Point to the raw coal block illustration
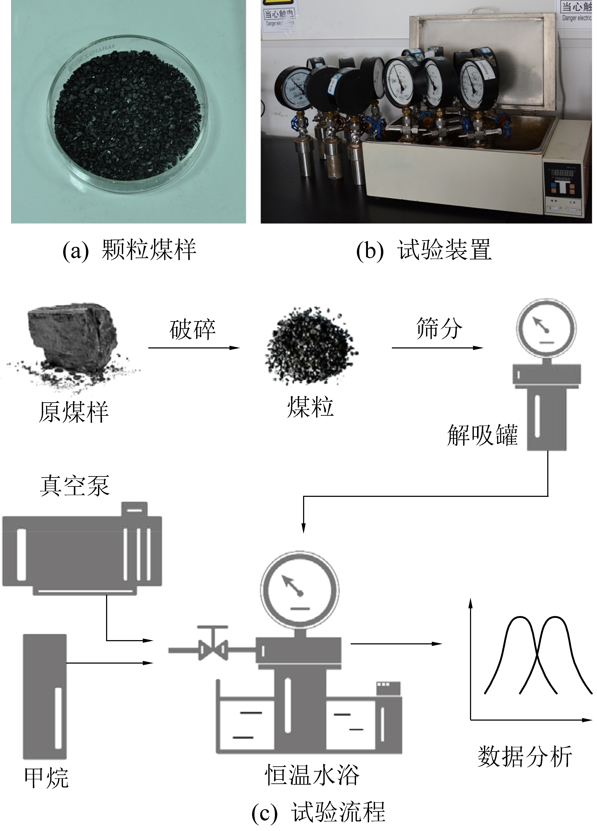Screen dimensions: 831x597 click(x=73, y=341)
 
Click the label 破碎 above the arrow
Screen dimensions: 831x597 click(x=192, y=329)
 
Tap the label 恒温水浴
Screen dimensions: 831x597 click(x=312, y=775)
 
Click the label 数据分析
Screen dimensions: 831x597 click(x=524, y=757)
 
